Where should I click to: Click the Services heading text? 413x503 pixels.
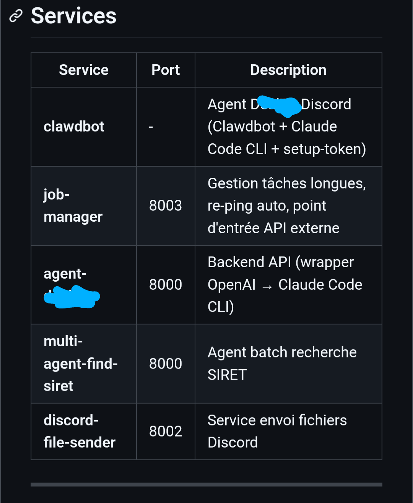click(x=73, y=16)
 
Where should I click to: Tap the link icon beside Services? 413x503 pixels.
click(x=16, y=16)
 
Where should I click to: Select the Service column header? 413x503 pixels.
click(x=83, y=70)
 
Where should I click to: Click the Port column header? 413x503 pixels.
click(x=166, y=70)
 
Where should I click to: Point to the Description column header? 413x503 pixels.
click(x=288, y=70)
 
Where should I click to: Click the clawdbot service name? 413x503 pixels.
click(x=74, y=127)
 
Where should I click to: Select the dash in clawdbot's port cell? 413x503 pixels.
click(x=151, y=127)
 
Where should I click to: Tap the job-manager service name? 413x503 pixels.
click(x=73, y=206)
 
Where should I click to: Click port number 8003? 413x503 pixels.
click(x=165, y=206)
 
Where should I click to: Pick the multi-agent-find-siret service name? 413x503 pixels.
click(x=80, y=363)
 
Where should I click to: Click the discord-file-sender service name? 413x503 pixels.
click(x=79, y=431)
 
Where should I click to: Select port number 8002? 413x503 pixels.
click(x=165, y=432)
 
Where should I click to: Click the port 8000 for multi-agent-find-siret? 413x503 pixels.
click(x=165, y=364)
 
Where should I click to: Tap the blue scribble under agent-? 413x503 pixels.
click(x=72, y=297)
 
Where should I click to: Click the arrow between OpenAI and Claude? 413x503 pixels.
click(x=267, y=286)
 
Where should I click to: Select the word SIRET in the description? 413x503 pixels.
click(x=227, y=375)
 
